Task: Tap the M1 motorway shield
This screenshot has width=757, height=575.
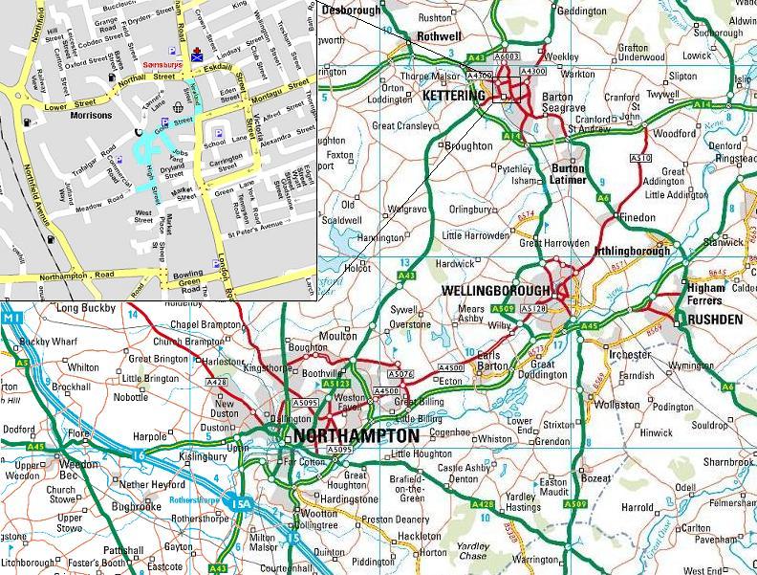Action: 12,318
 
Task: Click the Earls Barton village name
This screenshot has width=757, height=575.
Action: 484,359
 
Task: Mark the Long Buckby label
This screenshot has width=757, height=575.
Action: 86,308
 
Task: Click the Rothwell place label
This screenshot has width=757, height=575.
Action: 440,37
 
